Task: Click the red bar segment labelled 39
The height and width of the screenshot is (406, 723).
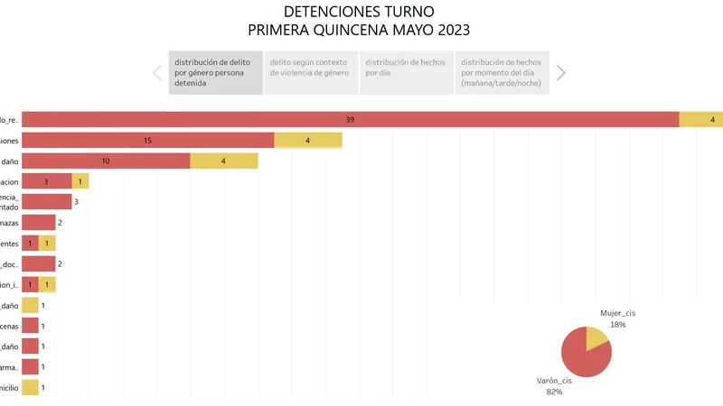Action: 350,120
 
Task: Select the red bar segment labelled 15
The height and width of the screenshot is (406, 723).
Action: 147,140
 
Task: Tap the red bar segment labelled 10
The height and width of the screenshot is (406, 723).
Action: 106,161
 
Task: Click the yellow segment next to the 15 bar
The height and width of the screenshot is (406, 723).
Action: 308,140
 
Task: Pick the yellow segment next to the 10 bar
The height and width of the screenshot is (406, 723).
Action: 224,161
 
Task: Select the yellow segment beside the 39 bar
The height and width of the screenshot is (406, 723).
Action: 700,120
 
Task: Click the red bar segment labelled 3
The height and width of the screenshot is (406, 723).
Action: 46,181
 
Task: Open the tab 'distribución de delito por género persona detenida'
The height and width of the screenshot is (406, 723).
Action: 215,72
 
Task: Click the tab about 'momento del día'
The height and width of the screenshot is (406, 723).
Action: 502,72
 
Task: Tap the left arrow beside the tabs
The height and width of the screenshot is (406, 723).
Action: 157,73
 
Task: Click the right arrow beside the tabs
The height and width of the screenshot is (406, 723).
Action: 560,73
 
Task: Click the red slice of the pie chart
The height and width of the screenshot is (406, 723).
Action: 583,355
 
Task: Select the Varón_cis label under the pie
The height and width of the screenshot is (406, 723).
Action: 555,381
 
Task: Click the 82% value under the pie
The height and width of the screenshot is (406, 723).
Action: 554,392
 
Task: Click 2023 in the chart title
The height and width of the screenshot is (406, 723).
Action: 453,30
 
